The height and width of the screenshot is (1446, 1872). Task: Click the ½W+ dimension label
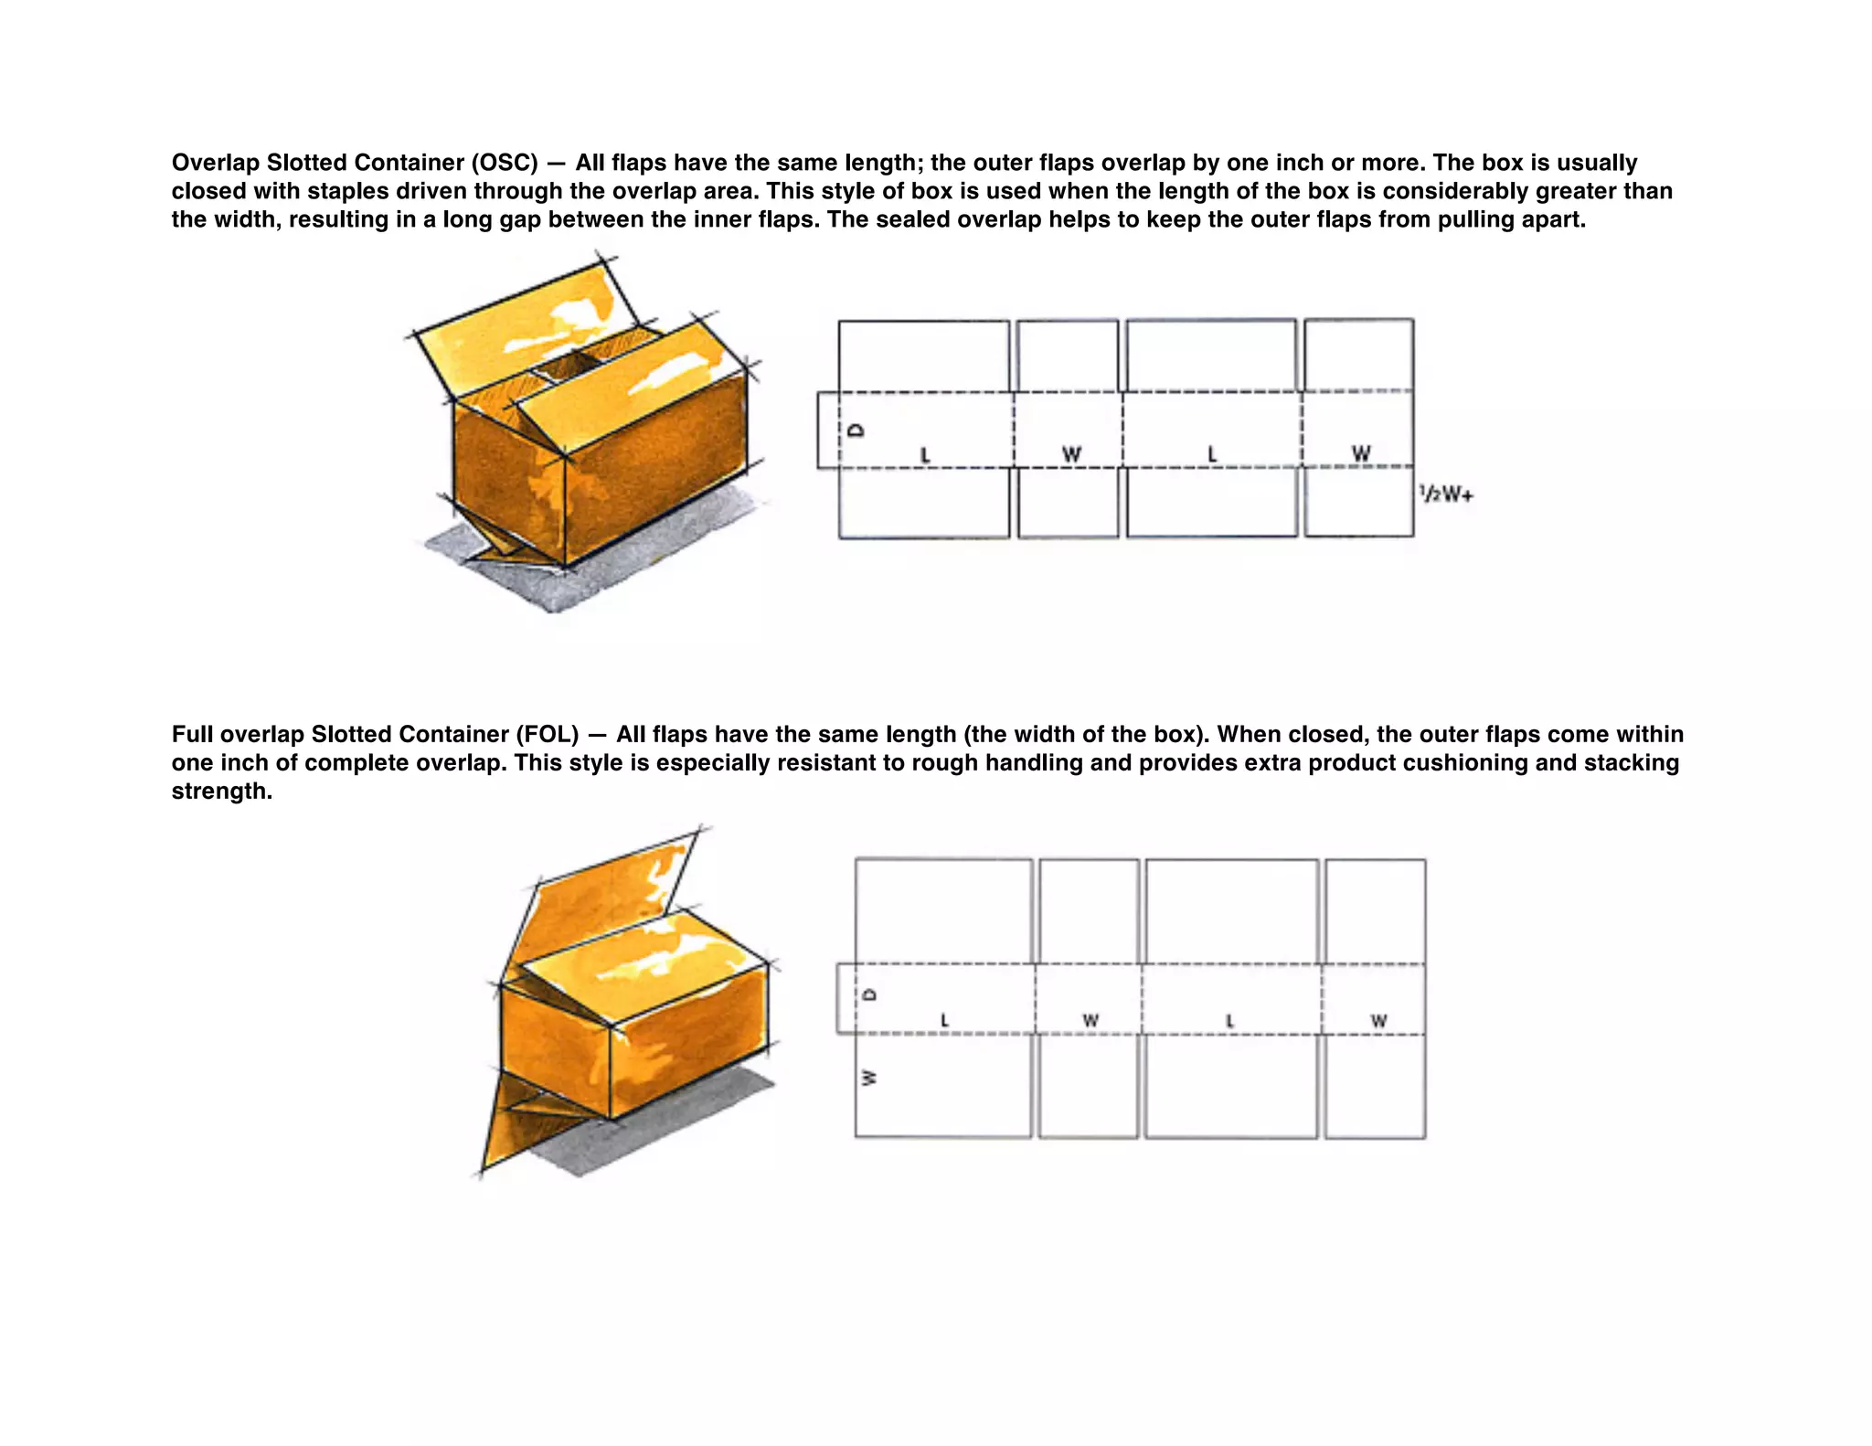click(x=1446, y=494)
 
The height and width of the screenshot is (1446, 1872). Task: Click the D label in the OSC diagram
click(x=856, y=430)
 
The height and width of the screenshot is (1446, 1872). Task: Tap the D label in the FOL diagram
click(x=870, y=994)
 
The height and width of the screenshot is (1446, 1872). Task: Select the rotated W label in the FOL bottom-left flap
click(x=869, y=1078)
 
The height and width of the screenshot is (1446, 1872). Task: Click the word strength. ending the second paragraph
click(x=222, y=792)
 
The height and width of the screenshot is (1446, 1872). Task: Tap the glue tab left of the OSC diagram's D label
click(x=827, y=431)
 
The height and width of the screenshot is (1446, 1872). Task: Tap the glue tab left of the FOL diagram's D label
click(x=846, y=998)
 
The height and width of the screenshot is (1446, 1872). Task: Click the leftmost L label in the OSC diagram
click(x=925, y=454)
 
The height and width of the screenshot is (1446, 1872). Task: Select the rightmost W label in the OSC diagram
click(x=1361, y=453)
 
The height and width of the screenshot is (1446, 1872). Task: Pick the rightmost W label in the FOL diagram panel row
click(x=1379, y=1020)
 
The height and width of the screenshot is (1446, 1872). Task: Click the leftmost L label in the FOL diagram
click(x=944, y=1020)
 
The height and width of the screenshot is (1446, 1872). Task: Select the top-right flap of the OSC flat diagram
click(x=1358, y=355)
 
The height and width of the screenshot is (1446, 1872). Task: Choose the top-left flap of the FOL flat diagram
click(x=943, y=909)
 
